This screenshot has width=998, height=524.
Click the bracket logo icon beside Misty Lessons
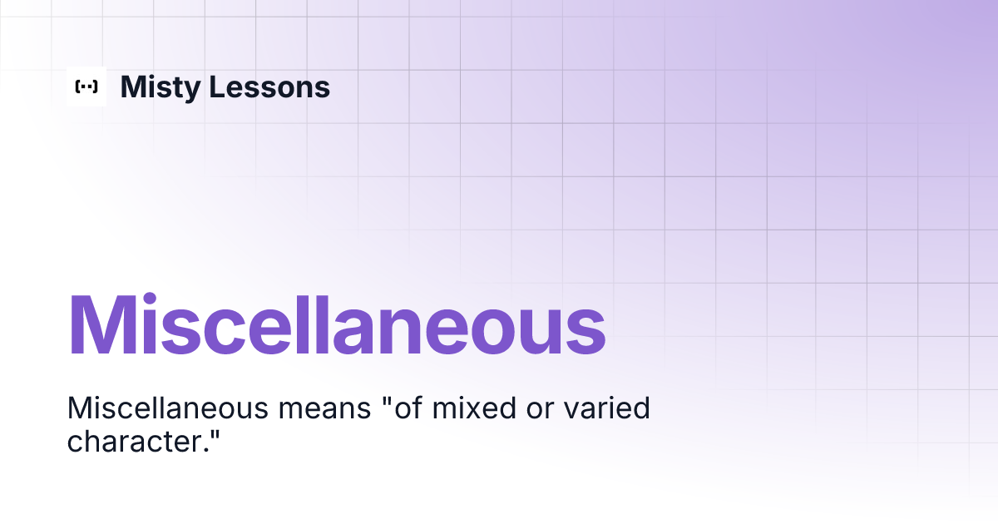[86, 87]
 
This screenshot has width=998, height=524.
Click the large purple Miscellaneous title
[336, 325]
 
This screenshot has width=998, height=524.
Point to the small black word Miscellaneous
[167, 408]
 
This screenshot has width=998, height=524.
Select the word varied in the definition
[601, 408]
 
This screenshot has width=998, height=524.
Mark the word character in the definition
[132, 442]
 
